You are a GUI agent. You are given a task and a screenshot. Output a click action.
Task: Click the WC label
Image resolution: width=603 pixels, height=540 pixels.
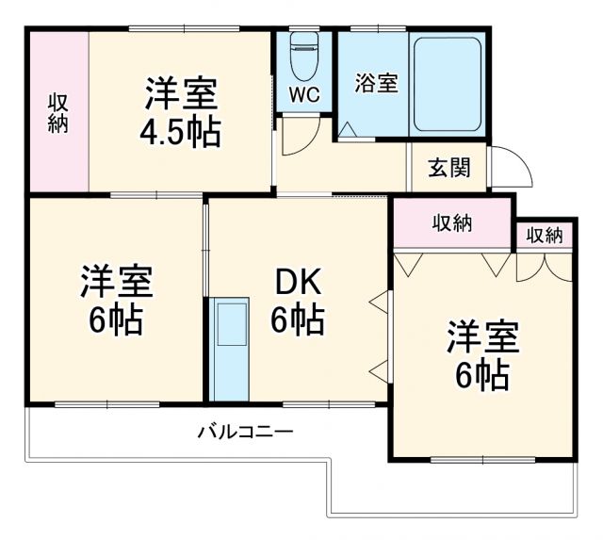click(304, 94)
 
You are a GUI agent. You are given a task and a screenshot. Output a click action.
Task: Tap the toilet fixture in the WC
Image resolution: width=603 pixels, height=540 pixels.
click(304, 57)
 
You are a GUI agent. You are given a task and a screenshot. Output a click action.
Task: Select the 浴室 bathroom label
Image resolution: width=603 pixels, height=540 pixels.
click(376, 83)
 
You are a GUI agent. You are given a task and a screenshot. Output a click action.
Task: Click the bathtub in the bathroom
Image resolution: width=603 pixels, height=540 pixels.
click(447, 80)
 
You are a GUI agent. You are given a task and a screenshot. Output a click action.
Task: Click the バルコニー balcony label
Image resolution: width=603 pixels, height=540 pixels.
click(245, 433)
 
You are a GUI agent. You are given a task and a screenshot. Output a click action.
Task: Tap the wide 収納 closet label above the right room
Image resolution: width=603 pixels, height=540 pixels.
click(452, 223)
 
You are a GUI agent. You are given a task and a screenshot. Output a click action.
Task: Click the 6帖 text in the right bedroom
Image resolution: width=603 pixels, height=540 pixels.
click(483, 375)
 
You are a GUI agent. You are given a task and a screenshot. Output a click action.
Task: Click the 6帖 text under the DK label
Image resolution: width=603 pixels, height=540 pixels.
click(298, 320)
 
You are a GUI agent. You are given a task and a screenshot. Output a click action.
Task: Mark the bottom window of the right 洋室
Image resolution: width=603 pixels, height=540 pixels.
click(482, 460)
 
